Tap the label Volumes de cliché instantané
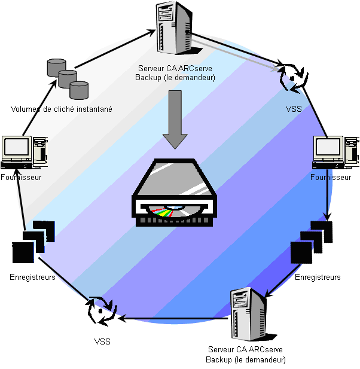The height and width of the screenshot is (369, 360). pos(62,109)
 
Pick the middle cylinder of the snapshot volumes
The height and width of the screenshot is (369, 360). pos(68,78)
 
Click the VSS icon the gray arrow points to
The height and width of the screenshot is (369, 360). pos(292,77)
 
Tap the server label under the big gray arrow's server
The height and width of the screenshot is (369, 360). pos(175,73)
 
